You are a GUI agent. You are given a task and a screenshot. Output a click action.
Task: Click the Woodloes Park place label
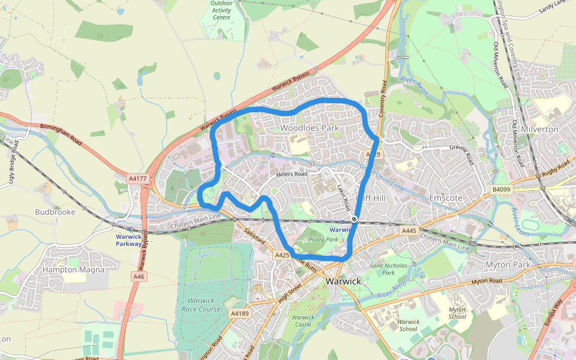pyautogui.click(x=310, y=128)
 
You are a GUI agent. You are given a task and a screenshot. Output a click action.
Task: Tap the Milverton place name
pyautogui.click(x=540, y=129)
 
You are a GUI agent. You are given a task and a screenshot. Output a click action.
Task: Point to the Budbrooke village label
pyautogui.click(x=55, y=212)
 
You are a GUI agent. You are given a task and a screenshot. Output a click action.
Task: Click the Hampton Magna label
pyautogui.click(x=73, y=269)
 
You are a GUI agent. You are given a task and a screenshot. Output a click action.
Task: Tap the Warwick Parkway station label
pyautogui.click(x=129, y=240)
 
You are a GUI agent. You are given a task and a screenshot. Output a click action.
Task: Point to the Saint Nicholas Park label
pyautogui.click(x=388, y=269)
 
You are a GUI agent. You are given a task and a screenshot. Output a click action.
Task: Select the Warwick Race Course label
pyautogui.click(x=202, y=304)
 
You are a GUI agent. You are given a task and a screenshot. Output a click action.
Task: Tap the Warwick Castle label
pyautogui.click(x=302, y=321)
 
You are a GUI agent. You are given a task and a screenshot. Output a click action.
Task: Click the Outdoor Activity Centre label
pyautogui.click(x=221, y=10)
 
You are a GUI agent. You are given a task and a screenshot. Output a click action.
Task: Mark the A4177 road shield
pyautogui.click(x=137, y=178)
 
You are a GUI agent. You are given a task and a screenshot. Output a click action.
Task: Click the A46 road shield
pyautogui.click(x=139, y=277)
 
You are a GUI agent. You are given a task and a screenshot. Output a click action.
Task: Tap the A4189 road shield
pyautogui.click(x=238, y=313)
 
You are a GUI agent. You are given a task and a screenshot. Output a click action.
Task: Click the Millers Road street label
pyautogui.click(x=292, y=175)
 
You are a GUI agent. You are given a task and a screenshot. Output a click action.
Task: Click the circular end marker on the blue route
pyautogui.click(x=355, y=219)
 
